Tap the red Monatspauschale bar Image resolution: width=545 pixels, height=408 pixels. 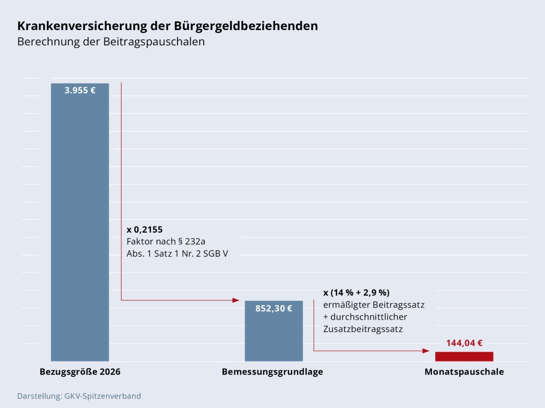coord(464,356)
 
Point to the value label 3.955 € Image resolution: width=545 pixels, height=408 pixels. coord(80,91)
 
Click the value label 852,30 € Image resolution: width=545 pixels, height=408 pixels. coord(274,308)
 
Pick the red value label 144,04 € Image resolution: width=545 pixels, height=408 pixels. coord(464,343)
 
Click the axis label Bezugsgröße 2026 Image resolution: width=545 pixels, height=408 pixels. coord(80,372)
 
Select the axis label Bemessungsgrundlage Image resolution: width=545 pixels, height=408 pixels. coord(272,372)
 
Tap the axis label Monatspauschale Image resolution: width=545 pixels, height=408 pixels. coord(464,372)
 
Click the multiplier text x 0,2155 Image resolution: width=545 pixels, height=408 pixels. coord(145,229)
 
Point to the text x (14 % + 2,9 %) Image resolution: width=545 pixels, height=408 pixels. coord(357,292)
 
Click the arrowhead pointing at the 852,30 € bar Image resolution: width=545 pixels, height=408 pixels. coord(236,300)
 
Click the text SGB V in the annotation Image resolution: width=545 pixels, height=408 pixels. coord(215,253)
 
